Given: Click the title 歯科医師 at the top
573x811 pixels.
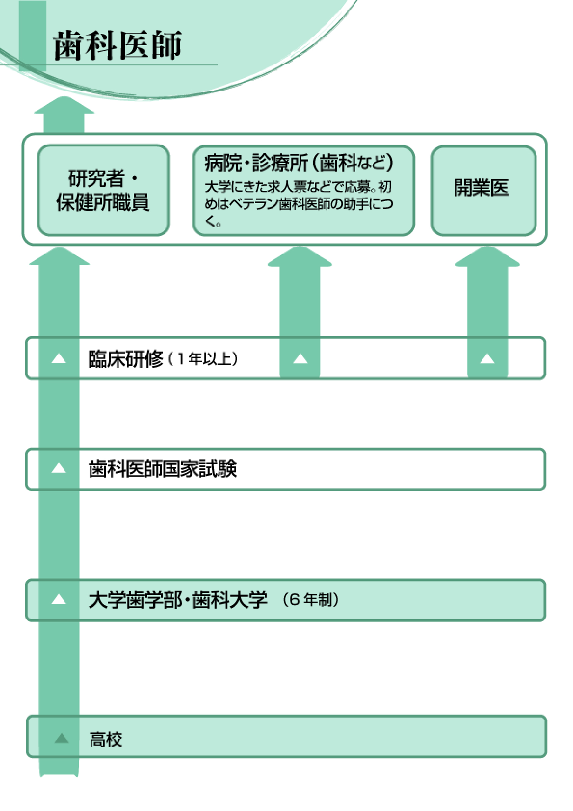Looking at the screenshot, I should (x=117, y=45).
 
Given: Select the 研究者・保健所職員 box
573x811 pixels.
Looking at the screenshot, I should (x=103, y=190).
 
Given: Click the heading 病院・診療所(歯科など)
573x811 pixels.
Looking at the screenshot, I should (x=298, y=163).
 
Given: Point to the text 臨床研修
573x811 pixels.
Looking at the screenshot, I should (x=125, y=359).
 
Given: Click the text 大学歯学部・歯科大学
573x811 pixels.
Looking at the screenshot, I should (x=178, y=600).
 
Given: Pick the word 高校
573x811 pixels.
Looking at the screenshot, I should (x=105, y=740).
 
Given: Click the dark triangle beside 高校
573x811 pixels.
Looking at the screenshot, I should (x=61, y=738).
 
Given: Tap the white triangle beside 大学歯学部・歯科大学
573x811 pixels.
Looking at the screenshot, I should (x=59, y=599).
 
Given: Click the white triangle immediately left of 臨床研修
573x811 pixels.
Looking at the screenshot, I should (x=59, y=359).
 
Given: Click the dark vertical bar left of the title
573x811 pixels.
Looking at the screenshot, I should (x=32, y=35).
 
